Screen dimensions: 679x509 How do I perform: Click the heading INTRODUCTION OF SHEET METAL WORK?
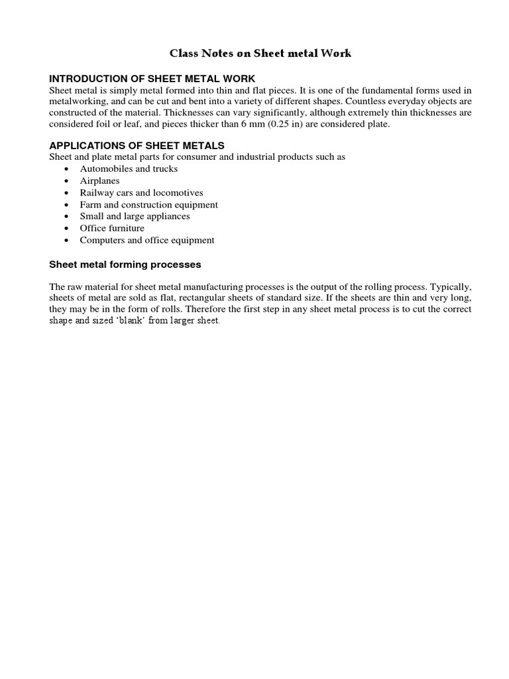(x=152, y=79)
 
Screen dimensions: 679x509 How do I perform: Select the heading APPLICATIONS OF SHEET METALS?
(x=137, y=145)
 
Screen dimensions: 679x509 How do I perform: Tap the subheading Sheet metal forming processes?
(x=125, y=264)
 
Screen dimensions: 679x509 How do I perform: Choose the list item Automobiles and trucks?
(x=129, y=168)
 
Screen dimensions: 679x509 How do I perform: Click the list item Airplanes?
(x=99, y=180)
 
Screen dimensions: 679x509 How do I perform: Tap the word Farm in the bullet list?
(x=89, y=204)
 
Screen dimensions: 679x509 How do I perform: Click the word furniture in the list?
(x=125, y=228)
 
